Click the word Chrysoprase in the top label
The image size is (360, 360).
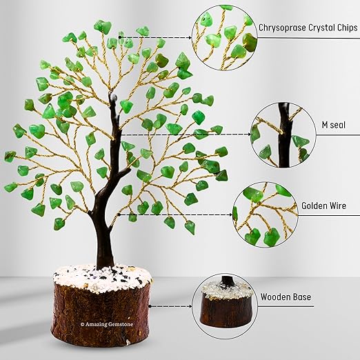[282, 28]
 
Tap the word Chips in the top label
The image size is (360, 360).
[347, 28]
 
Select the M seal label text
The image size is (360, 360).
[333, 125]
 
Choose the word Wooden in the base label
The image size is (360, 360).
[272, 297]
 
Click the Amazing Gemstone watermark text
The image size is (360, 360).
[107, 324]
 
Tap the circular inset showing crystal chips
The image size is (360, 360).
[225, 38]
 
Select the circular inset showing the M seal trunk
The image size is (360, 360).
[283, 135]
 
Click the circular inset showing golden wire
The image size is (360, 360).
[266, 215]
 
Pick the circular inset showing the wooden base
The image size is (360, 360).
[225, 306]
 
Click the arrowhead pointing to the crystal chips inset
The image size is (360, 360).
[190, 37]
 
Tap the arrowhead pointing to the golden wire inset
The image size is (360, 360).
[231, 215]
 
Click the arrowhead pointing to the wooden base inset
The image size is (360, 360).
[190, 306]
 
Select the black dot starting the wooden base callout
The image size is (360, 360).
[150, 306]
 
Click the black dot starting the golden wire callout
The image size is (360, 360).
[119, 214]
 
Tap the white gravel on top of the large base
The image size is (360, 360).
[102, 277]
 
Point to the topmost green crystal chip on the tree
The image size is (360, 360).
[103, 26]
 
